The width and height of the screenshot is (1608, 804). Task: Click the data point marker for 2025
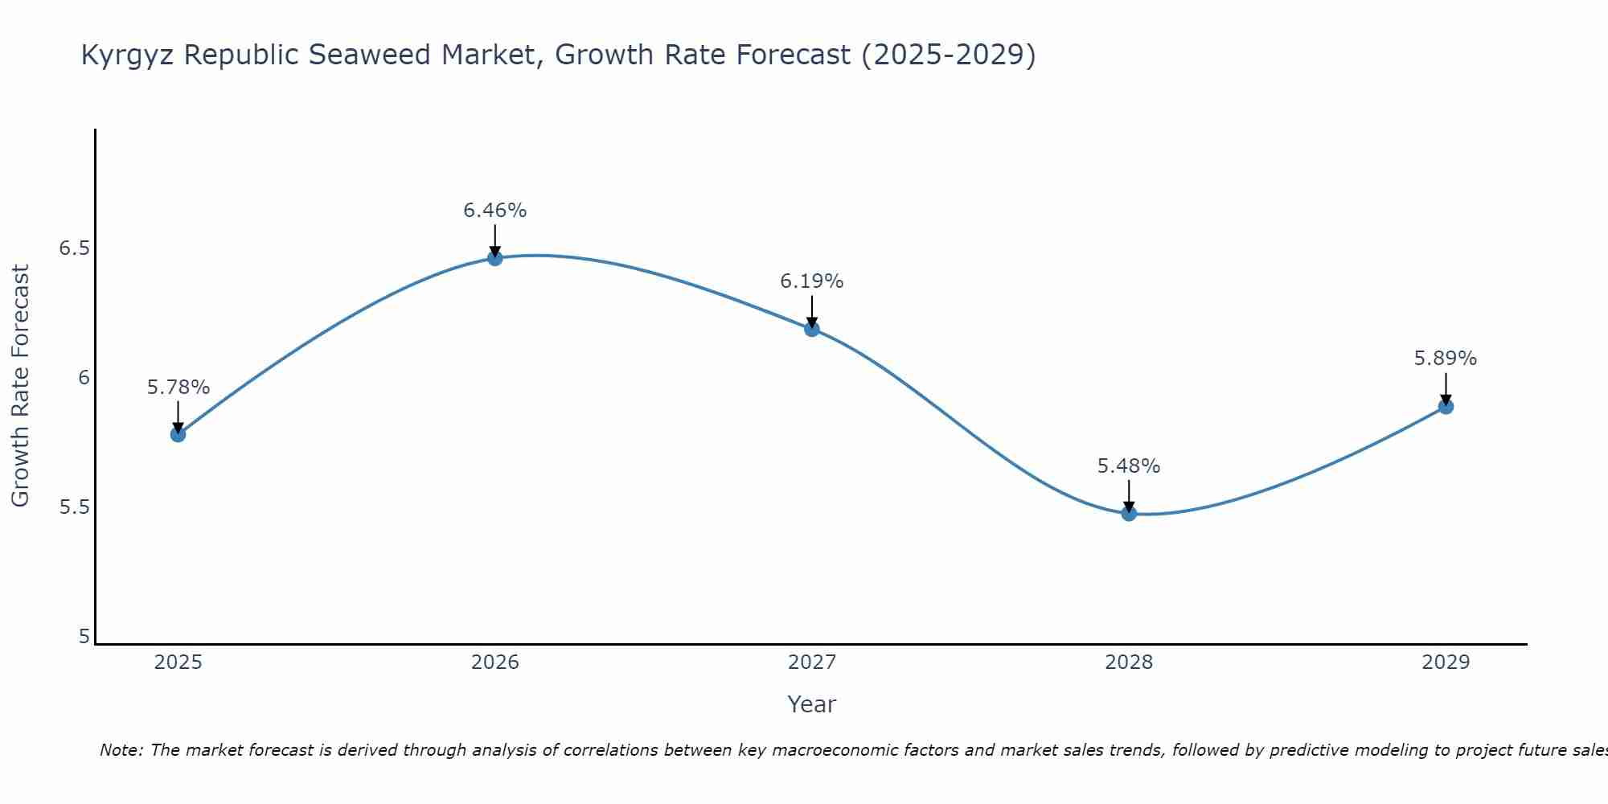178,434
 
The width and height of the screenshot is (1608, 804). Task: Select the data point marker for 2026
494,257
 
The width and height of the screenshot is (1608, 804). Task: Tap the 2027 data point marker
811,328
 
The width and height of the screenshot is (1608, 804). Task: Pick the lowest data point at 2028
1129,513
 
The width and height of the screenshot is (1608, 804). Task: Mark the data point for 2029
1446,406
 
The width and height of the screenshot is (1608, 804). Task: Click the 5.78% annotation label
178,388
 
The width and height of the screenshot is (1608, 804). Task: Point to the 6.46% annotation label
494,211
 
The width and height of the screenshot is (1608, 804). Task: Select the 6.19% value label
811,281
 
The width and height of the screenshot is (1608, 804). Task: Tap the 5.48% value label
1129,466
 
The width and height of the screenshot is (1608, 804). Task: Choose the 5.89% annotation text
1446,359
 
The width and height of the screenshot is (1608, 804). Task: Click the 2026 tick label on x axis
494,662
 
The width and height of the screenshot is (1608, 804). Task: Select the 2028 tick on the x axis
1129,662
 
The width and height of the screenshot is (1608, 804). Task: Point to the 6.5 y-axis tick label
74,248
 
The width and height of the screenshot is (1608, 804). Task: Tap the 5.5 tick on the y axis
74,507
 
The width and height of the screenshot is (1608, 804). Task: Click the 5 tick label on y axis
84,637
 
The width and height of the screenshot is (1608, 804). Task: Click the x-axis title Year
811,704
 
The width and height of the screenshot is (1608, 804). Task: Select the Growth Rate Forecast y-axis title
20,386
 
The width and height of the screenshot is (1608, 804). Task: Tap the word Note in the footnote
121,750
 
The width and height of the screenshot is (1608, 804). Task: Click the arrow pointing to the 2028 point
1129,495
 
